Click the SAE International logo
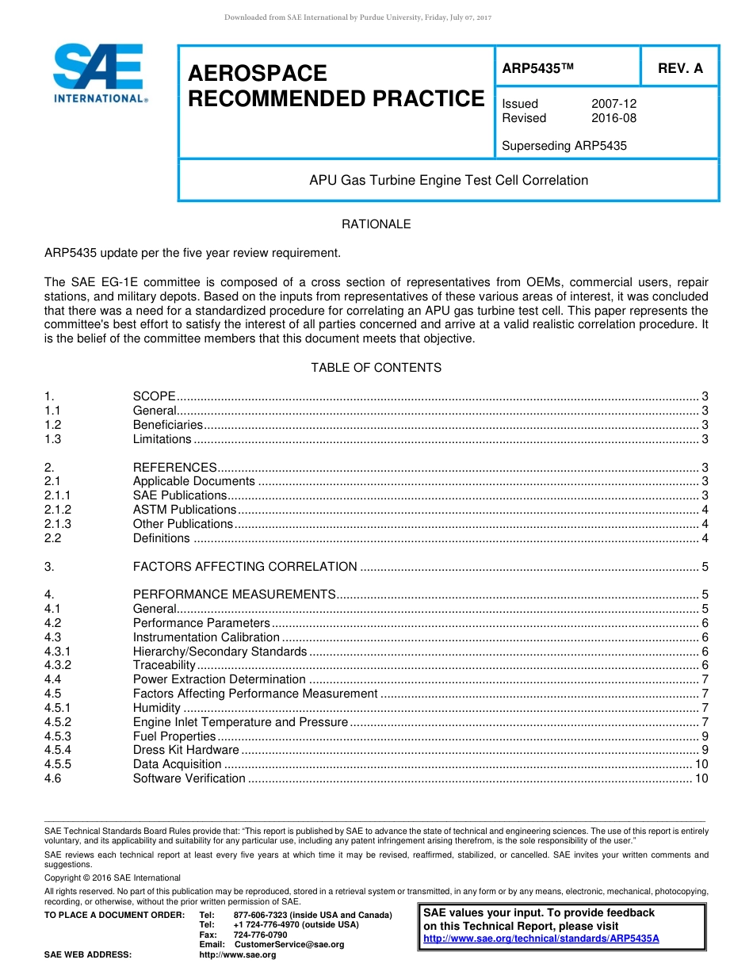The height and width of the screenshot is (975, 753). tap(99, 74)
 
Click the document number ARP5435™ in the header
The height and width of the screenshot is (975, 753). tap(537, 69)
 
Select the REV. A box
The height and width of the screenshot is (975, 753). tap(679, 68)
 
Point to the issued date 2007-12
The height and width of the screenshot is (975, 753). tap(613, 104)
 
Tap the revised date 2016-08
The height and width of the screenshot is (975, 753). tap(613, 118)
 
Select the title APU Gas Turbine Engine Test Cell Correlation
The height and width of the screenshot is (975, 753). tap(449, 180)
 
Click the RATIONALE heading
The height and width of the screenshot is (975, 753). tap(376, 224)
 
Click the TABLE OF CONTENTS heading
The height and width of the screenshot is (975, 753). tap(376, 368)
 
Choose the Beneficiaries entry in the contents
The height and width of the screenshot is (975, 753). tap(168, 425)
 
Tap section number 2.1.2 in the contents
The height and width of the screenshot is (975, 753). tap(58, 510)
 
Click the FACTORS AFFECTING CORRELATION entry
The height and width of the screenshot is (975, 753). tap(245, 567)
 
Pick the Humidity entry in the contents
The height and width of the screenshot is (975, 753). tap(156, 708)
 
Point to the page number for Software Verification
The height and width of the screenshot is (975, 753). tap(701, 778)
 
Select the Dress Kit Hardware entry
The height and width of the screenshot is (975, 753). tap(185, 750)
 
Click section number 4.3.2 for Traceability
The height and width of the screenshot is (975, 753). tap(58, 665)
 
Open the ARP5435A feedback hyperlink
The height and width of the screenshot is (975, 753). tap(541, 939)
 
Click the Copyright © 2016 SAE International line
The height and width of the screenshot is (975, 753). tap(113, 877)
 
